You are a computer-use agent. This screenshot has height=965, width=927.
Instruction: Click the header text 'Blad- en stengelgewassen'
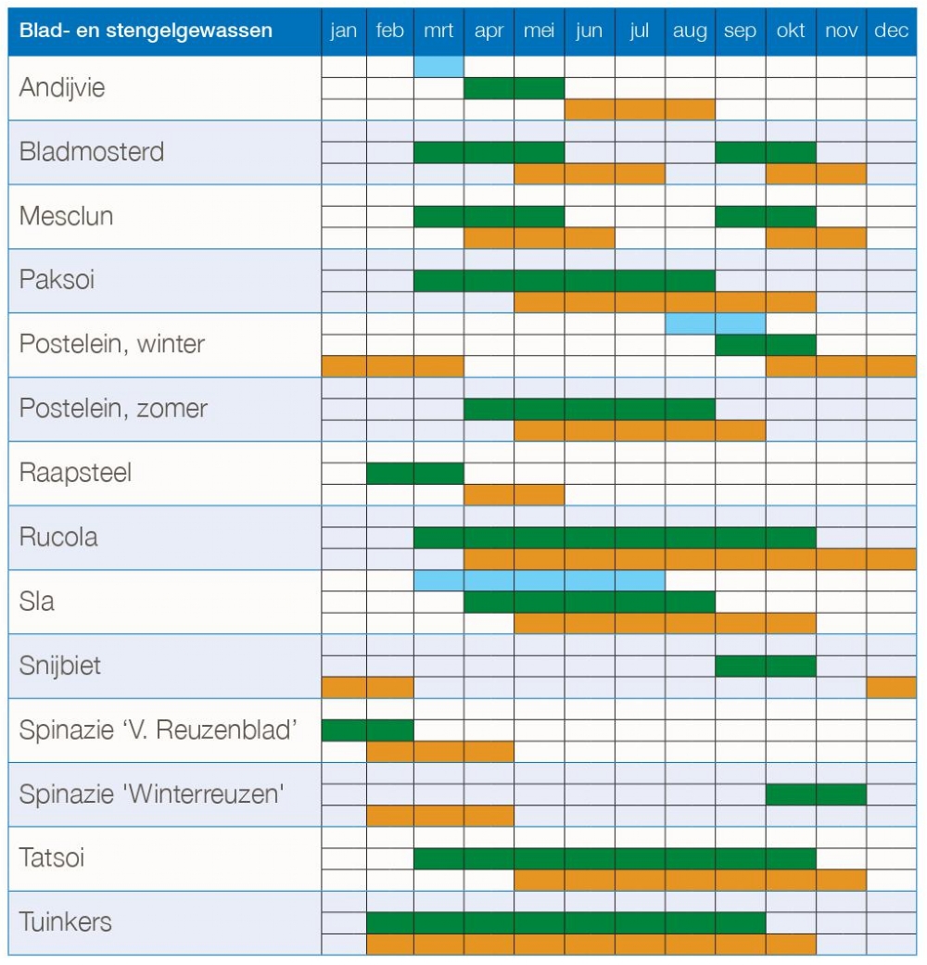146,31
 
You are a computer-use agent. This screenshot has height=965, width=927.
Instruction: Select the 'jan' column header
344,31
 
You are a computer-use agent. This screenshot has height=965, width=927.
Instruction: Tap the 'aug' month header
690,31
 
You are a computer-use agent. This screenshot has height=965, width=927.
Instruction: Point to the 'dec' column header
891,31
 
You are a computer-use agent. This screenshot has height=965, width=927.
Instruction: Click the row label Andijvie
62,87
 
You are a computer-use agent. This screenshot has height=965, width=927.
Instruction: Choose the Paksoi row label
57,279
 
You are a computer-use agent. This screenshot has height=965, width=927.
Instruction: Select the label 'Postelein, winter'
111,343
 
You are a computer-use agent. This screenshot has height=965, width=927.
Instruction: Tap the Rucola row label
58,537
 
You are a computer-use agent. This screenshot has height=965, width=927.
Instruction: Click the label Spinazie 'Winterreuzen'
151,794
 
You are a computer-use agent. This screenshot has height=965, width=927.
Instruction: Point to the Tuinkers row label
65,922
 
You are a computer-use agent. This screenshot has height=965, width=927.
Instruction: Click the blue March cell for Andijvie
438,67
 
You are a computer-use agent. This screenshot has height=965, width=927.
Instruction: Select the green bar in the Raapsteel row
415,474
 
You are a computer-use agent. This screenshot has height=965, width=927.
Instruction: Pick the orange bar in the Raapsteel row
514,495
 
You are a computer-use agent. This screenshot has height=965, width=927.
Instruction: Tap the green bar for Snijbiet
766,666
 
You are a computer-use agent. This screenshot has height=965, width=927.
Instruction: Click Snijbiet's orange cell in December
891,688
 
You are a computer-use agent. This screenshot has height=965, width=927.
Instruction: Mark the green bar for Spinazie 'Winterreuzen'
816,794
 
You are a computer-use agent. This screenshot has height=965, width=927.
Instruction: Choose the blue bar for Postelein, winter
716,324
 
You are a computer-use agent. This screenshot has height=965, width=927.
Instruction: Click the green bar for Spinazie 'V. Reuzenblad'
367,730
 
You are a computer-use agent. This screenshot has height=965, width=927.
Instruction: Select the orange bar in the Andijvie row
641,109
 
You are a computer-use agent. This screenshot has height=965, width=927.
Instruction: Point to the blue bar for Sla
540,580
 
